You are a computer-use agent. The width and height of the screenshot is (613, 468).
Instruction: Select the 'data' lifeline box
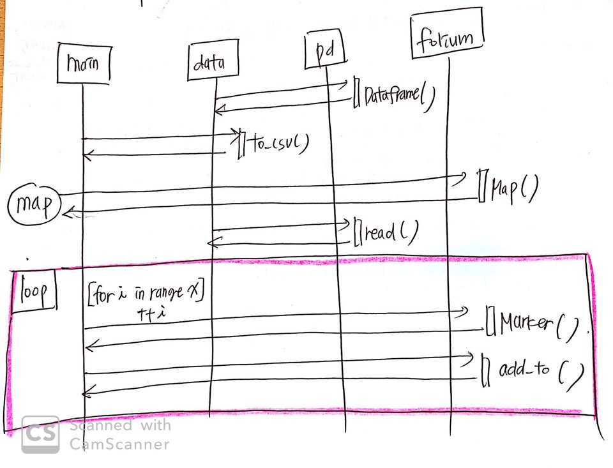point(208,63)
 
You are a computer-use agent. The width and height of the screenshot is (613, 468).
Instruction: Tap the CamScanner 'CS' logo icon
point(40,435)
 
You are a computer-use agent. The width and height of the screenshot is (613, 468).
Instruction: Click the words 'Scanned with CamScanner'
point(119,434)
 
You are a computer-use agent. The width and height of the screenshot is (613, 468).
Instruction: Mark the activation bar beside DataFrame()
point(356,92)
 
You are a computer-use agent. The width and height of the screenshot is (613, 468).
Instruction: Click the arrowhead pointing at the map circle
point(69,212)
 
